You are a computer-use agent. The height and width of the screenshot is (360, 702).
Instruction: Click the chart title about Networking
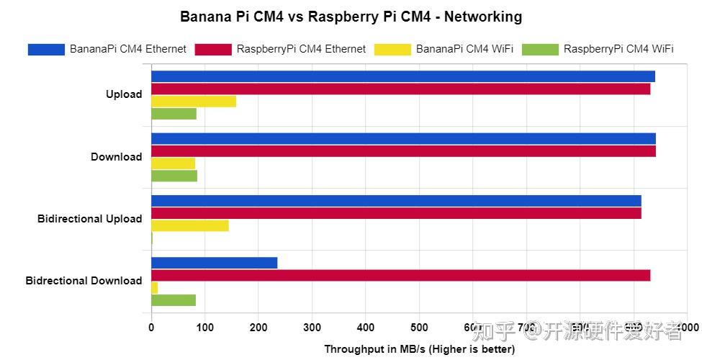tap(351, 17)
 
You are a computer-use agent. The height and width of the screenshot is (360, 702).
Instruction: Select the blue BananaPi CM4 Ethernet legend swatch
tap(46, 50)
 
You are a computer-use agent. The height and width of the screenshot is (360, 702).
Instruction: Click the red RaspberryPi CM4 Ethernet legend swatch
tap(213, 50)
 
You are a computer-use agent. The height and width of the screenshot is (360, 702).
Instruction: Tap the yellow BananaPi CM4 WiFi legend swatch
tap(392, 50)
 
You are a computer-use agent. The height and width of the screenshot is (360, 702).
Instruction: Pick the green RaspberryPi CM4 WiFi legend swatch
tap(540, 50)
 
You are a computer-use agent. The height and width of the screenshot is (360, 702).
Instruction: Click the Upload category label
tap(124, 94)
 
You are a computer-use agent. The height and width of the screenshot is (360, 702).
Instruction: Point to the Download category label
tap(116, 157)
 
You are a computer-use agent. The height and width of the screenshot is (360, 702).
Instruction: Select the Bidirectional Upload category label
tap(90, 219)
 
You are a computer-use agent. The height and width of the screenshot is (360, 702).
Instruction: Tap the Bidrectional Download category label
tap(84, 281)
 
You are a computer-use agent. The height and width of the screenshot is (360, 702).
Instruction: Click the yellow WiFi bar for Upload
tap(194, 102)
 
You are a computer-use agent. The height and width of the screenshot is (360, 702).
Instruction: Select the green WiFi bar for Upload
tap(174, 114)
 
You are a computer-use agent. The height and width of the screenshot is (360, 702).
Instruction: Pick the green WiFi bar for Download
tap(174, 176)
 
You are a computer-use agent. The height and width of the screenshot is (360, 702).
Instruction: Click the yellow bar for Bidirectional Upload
tap(190, 225)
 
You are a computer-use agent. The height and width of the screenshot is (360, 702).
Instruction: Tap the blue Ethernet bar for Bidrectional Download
tap(214, 263)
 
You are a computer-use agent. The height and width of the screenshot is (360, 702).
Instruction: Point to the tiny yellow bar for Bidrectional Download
tap(154, 288)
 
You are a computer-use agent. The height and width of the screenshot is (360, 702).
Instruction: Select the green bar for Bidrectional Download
tap(174, 300)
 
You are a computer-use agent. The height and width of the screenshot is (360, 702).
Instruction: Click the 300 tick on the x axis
tap(312, 328)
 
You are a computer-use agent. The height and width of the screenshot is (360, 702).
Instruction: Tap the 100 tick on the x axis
tap(204, 328)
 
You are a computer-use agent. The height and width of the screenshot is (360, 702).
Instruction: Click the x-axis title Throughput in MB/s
tap(419, 349)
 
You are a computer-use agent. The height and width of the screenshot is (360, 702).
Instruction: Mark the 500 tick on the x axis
tap(419, 328)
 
